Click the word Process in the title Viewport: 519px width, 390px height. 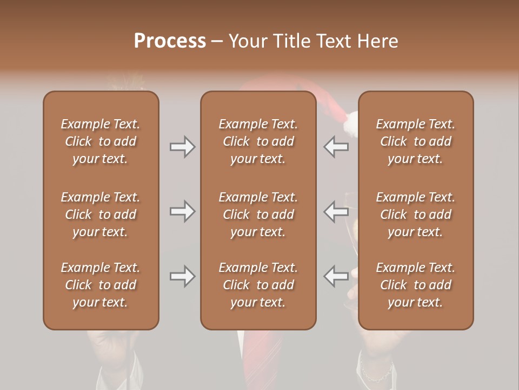click(x=170, y=41)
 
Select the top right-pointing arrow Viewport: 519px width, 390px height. click(x=182, y=147)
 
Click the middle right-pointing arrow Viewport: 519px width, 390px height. click(x=182, y=211)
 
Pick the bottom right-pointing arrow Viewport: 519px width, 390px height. click(x=182, y=276)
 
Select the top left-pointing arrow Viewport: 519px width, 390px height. click(x=336, y=147)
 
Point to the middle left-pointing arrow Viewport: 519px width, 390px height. click(x=336, y=211)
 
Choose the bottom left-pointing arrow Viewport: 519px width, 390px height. click(x=336, y=276)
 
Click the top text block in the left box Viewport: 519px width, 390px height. click(x=101, y=141)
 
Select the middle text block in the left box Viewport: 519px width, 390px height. click(x=101, y=214)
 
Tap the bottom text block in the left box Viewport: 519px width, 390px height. click(x=101, y=285)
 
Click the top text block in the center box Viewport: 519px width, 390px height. click(x=258, y=141)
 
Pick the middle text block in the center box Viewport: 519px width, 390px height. click(x=258, y=214)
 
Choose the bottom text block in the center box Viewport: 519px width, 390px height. click(x=258, y=285)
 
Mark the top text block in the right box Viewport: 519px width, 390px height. click(x=415, y=141)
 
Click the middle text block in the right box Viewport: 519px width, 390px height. click(x=415, y=214)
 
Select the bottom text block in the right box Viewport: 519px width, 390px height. click(x=415, y=285)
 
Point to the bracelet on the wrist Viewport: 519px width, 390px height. click(x=376, y=374)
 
